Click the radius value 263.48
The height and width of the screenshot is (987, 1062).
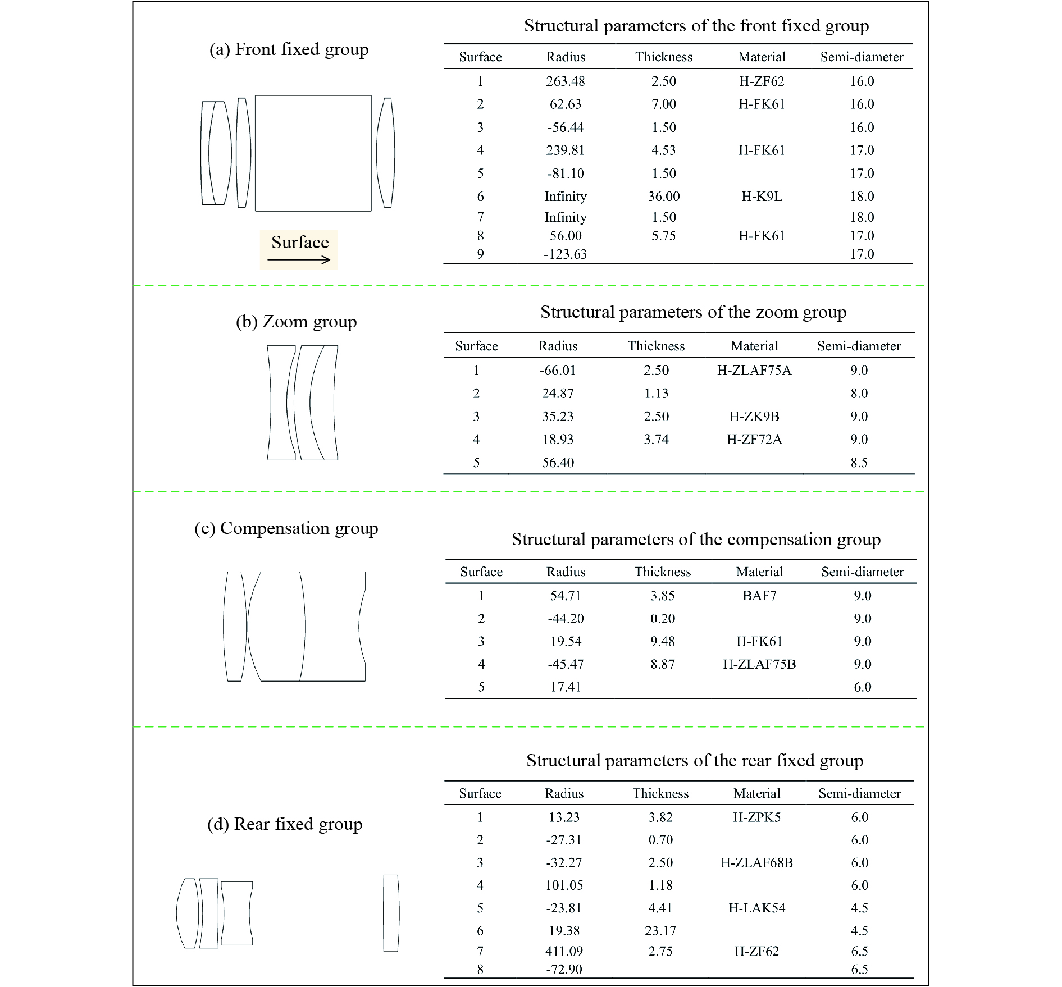(565, 81)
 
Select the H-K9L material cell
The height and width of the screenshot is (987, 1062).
(762, 197)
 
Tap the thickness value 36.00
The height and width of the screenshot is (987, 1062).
(663, 197)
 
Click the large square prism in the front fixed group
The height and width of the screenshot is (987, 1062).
(313, 153)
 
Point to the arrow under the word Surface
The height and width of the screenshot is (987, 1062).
(299, 259)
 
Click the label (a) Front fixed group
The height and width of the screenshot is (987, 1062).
(289, 49)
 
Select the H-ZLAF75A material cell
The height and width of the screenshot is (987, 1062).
(754, 371)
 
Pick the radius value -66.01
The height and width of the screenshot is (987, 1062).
(558, 371)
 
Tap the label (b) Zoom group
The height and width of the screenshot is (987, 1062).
(296, 322)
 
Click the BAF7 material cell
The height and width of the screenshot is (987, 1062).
(759, 596)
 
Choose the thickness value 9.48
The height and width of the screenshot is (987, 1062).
(663, 641)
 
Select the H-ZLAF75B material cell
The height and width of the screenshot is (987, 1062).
(759, 664)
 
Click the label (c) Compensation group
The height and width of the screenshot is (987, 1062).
(286, 528)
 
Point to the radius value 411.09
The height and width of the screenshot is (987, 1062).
(564, 951)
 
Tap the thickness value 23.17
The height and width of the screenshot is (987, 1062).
(660, 931)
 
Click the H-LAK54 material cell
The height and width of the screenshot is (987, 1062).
(756, 908)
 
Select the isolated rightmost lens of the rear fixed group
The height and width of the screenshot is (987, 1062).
(391, 913)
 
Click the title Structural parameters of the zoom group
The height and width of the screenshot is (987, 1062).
(693, 312)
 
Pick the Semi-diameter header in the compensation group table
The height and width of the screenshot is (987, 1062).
(862, 572)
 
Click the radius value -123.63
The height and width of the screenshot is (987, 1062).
(565, 254)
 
